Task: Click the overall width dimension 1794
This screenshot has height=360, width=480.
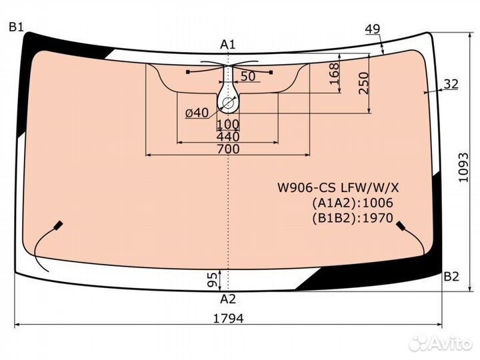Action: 229,319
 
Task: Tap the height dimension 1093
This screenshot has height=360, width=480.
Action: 463,167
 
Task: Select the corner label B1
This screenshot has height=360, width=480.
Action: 16,27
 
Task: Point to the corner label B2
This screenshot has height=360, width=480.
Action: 451,277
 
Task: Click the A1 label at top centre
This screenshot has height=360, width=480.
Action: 228,45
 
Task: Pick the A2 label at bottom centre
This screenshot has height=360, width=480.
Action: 228,299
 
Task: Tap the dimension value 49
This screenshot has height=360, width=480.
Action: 373,29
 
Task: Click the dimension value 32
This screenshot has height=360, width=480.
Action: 451,84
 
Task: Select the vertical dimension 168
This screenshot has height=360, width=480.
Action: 334,74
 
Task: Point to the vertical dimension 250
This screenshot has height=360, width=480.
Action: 364,83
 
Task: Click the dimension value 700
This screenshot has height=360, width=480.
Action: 228,149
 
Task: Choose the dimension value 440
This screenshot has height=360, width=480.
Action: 228,137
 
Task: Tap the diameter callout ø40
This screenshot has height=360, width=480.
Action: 197,113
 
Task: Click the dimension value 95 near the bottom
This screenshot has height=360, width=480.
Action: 212,280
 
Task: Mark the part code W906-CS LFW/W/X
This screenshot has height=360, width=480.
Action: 338,187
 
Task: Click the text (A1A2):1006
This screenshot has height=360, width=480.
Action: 353,203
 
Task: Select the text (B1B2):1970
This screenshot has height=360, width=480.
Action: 353,218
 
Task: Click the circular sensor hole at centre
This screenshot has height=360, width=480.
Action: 228,103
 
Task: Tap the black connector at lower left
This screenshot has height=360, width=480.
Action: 58,225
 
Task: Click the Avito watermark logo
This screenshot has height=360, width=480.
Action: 441,343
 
